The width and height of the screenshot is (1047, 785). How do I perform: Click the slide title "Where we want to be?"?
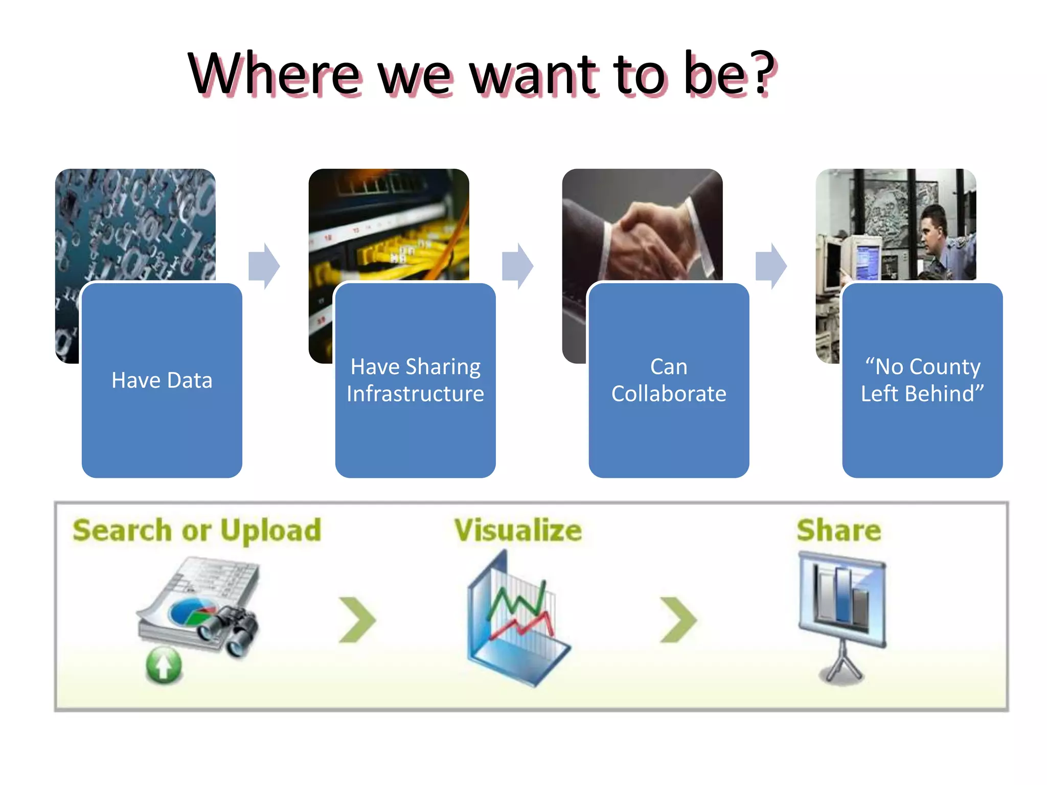pos(481,75)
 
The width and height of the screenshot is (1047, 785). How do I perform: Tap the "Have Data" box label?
pos(162,381)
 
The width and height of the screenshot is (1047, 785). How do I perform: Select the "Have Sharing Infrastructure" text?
pos(415,381)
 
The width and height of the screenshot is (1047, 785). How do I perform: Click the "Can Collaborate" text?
pos(669,381)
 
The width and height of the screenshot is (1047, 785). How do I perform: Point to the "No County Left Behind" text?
pos(922,381)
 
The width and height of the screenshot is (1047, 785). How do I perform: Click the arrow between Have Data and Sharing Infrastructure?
pos(264,266)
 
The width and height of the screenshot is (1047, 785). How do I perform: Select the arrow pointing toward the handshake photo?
pos(518,266)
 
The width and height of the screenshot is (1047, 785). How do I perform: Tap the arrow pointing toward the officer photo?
pos(771,266)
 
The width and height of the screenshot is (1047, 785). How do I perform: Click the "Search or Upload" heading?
pos(197,530)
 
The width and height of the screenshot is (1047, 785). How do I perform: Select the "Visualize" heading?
pos(518,530)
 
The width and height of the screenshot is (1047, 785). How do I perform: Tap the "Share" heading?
pos(839,530)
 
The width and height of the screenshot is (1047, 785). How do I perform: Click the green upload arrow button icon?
pos(164,666)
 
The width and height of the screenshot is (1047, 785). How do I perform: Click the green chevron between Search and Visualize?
pos(357,619)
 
